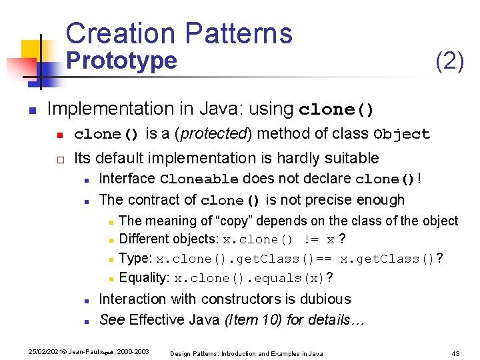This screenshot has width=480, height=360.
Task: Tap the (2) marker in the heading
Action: pos(449,61)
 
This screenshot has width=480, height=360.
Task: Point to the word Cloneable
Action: pos(199,179)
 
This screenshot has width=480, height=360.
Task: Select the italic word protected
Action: pos(213,134)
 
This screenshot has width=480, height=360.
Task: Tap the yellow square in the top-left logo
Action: pos(30,50)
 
